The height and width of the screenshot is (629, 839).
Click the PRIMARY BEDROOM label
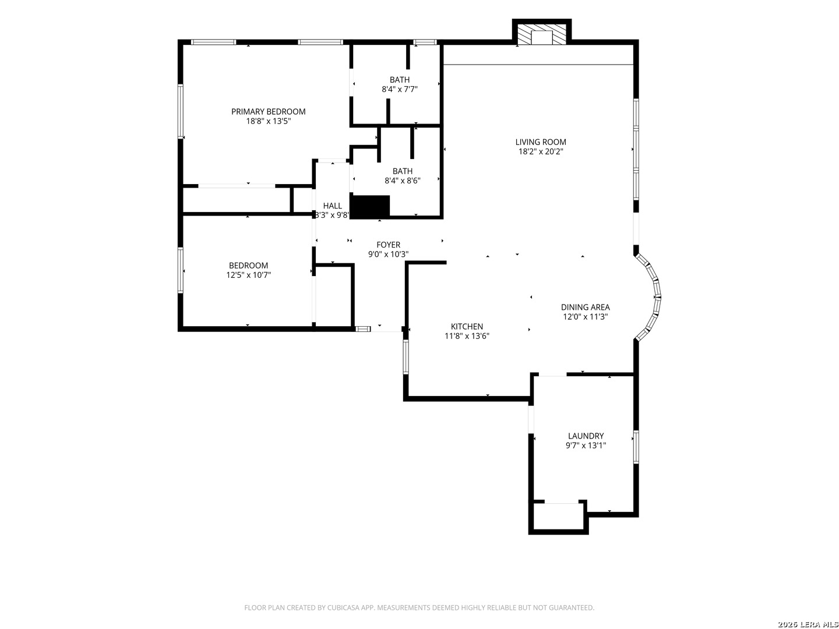pyautogui.click(x=268, y=111)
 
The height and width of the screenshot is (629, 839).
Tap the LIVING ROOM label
pyautogui.click(x=541, y=142)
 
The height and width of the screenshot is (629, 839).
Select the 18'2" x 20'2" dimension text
pyautogui.click(x=541, y=151)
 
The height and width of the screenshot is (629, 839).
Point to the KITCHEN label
pyautogui.click(x=467, y=327)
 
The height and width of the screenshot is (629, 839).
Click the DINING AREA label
pyautogui.click(x=585, y=307)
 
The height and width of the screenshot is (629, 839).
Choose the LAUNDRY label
pyautogui.click(x=586, y=436)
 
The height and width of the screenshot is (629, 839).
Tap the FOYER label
pyautogui.click(x=389, y=245)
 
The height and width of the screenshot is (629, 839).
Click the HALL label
pyautogui.click(x=332, y=206)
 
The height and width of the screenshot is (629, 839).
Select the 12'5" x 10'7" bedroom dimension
pyautogui.click(x=248, y=275)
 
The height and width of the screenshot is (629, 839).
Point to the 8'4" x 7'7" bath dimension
pyautogui.click(x=400, y=89)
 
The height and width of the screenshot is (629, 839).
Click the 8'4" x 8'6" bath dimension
pyautogui.click(x=403, y=181)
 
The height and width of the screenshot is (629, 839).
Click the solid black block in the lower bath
pyautogui.click(x=370, y=207)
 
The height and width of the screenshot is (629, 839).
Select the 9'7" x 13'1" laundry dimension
pyautogui.click(x=586, y=446)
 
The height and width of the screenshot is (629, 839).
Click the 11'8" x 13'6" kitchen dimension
pyautogui.click(x=467, y=336)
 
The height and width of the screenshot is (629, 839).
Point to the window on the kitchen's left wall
pyautogui.click(x=406, y=356)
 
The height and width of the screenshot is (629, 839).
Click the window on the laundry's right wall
pyautogui.click(x=636, y=447)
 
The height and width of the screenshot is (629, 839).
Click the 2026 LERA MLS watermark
pyautogui.click(x=808, y=624)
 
